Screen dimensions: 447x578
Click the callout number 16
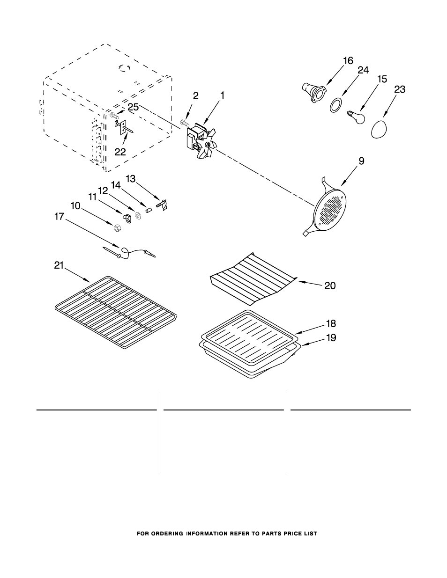pyautogui.click(x=348, y=61)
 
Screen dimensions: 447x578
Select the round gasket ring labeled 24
pyautogui.click(x=336, y=105)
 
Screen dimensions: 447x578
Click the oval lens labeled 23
pyautogui.click(x=379, y=129)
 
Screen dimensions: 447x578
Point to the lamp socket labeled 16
pyautogui.click(x=313, y=93)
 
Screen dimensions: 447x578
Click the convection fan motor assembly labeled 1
pyautogui.click(x=201, y=140)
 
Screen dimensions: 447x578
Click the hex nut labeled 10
pyautogui.click(x=117, y=228)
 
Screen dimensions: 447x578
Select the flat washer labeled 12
pyautogui.click(x=138, y=215)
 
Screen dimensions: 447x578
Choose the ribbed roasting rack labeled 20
pyautogui.click(x=253, y=278)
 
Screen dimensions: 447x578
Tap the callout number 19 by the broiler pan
pyautogui.click(x=331, y=338)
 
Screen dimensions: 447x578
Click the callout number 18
pyautogui.click(x=331, y=323)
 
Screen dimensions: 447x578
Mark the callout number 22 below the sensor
pyautogui.click(x=120, y=152)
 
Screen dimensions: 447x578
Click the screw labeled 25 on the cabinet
pyautogui.click(x=113, y=116)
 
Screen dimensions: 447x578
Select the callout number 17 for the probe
pyautogui.click(x=59, y=217)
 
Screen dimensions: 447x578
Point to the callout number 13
pyautogui.click(x=131, y=179)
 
